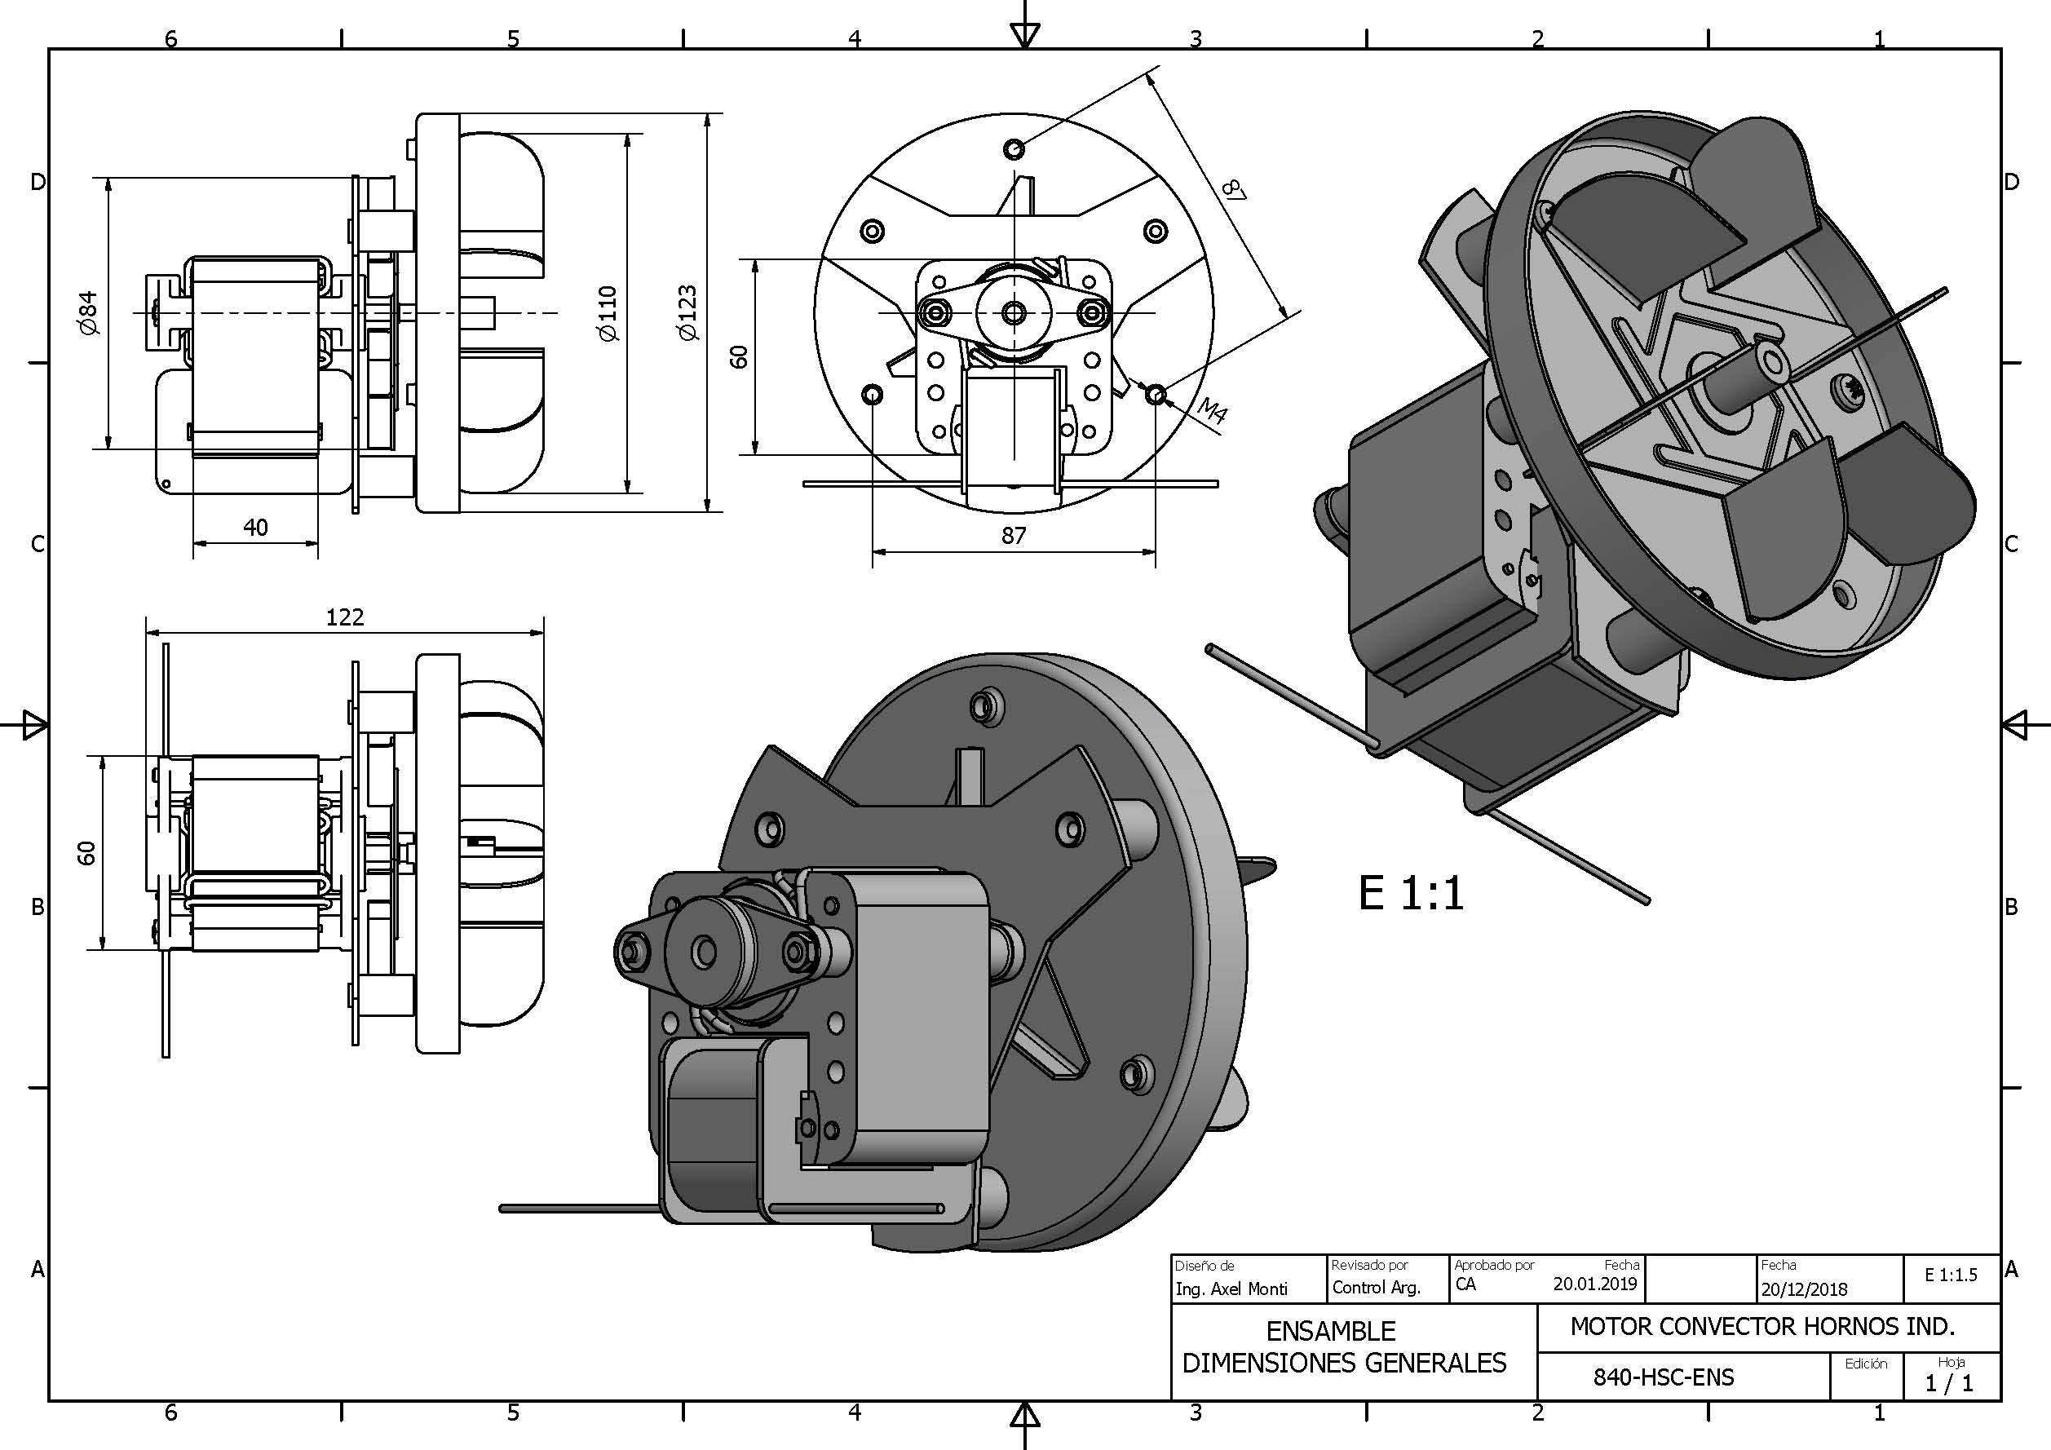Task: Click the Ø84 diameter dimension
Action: click(x=88, y=312)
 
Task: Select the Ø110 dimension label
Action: click(x=609, y=312)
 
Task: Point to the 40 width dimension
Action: click(x=255, y=527)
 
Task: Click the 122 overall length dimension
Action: click(x=345, y=617)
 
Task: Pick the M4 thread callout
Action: click(x=1212, y=410)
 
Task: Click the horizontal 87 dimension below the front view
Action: click(x=1013, y=535)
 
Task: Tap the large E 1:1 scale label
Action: click(x=1412, y=892)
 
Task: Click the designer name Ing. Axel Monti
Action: click(x=1232, y=1289)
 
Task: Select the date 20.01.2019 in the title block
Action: click(x=1594, y=1284)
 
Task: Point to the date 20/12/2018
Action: click(x=1804, y=1289)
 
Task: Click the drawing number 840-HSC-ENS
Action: click(x=1664, y=1377)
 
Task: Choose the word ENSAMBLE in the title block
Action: click(x=1331, y=1331)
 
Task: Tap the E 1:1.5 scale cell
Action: click(x=1951, y=1275)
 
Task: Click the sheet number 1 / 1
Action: click(x=1949, y=1383)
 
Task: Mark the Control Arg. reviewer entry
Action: click(x=1377, y=1288)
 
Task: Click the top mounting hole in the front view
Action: click(x=1014, y=148)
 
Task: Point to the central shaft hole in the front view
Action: click(x=1014, y=312)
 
